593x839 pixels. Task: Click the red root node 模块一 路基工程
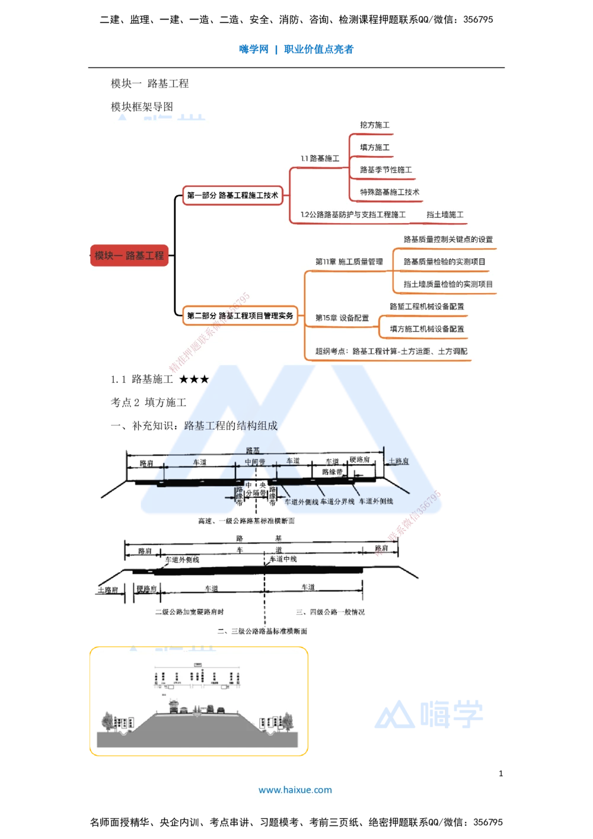click(x=129, y=256)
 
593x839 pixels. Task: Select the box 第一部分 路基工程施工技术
click(x=232, y=195)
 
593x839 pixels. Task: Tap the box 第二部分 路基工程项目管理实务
click(x=240, y=316)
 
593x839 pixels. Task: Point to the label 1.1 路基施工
click(x=320, y=158)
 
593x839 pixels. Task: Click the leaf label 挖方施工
click(x=375, y=125)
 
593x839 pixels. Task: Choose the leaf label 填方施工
click(x=375, y=147)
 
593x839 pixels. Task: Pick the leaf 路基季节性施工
click(x=385, y=170)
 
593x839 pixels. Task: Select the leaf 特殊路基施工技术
click(x=390, y=192)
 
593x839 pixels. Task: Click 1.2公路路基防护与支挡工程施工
click(x=353, y=215)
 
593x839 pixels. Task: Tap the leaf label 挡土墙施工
click(x=445, y=215)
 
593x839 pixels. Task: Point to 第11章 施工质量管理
click(x=349, y=262)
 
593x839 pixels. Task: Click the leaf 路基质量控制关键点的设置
click(x=448, y=240)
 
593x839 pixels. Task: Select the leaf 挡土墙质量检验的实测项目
click(x=448, y=284)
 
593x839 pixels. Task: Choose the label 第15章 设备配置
click(x=342, y=318)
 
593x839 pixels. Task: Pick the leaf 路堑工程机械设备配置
click(x=426, y=307)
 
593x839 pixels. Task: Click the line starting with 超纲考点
click(x=391, y=351)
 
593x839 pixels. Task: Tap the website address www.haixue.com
click(x=295, y=790)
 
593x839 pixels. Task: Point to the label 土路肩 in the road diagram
click(x=398, y=461)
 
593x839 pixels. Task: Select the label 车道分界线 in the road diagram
click(x=337, y=502)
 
